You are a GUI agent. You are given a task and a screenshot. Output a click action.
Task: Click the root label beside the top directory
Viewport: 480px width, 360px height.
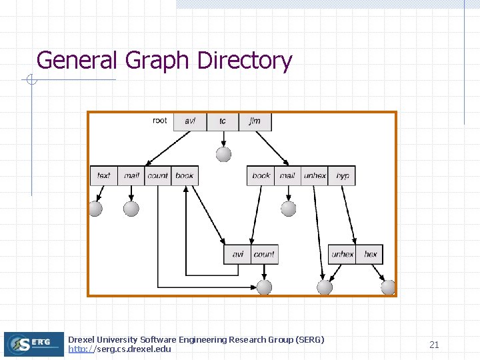[160, 121]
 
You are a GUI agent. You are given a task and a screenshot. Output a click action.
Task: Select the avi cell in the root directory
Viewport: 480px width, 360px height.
[190, 121]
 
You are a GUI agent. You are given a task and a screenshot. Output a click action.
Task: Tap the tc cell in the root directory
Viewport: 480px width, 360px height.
[223, 121]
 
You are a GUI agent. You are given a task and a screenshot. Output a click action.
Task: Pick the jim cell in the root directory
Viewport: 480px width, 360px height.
[255, 121]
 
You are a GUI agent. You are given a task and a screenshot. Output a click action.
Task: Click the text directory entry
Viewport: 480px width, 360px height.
[104, 175]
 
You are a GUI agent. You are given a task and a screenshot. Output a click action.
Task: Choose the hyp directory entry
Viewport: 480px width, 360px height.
[343, 175]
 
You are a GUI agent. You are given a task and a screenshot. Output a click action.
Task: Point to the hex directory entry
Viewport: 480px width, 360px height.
[370, 254]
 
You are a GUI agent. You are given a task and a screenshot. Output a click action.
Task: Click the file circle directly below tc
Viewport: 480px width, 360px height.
[224, 154]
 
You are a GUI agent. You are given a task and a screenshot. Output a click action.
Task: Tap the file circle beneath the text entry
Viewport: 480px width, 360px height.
[95, 209]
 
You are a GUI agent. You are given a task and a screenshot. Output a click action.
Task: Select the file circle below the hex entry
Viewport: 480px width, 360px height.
[388, 287]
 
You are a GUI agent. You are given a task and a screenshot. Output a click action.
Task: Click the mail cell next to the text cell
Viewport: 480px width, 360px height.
[131, 175]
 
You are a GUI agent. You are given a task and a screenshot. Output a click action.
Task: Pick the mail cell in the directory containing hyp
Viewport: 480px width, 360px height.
[287, 175]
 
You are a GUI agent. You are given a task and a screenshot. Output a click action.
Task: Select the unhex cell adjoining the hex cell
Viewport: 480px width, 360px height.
[342, 254]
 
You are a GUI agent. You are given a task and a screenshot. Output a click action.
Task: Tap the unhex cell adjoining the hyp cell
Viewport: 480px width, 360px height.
[315, 175]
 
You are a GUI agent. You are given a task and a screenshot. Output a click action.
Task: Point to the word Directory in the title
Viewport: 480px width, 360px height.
[245, 61]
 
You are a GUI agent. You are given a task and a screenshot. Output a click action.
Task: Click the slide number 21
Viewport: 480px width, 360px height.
[434, 345]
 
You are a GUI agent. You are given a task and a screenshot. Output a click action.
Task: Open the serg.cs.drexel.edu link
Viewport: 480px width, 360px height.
[120, 349]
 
